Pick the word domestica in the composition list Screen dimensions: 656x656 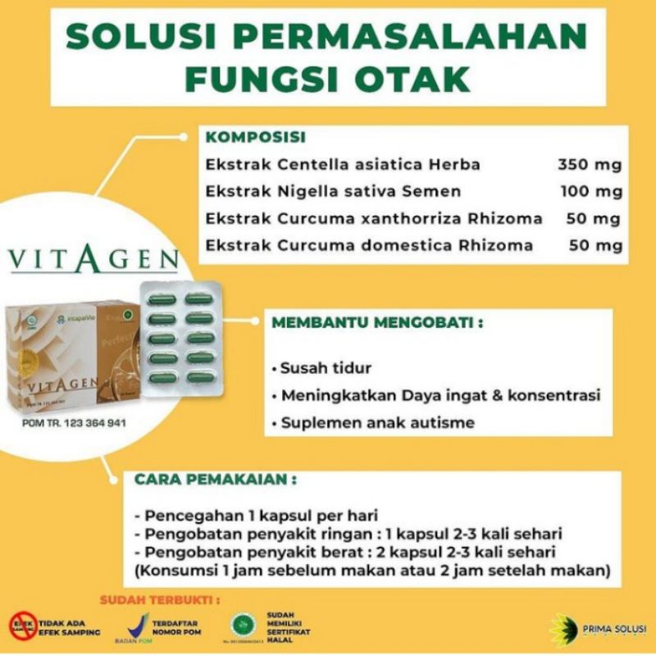(442, 245)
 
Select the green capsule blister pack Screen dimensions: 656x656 (180, 336)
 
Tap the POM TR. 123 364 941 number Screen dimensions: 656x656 (75, 423)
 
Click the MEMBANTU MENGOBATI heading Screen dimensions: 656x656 (377, 322)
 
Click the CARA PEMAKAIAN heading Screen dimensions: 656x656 (216, 478)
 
